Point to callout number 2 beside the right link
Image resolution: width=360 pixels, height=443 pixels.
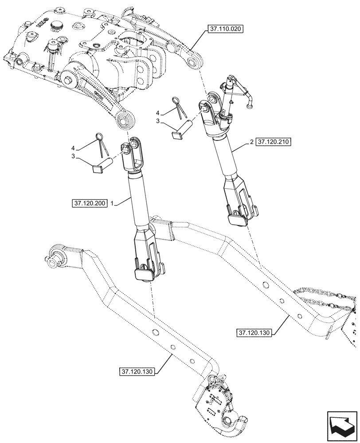pyautogui.click(x=251, y=142)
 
